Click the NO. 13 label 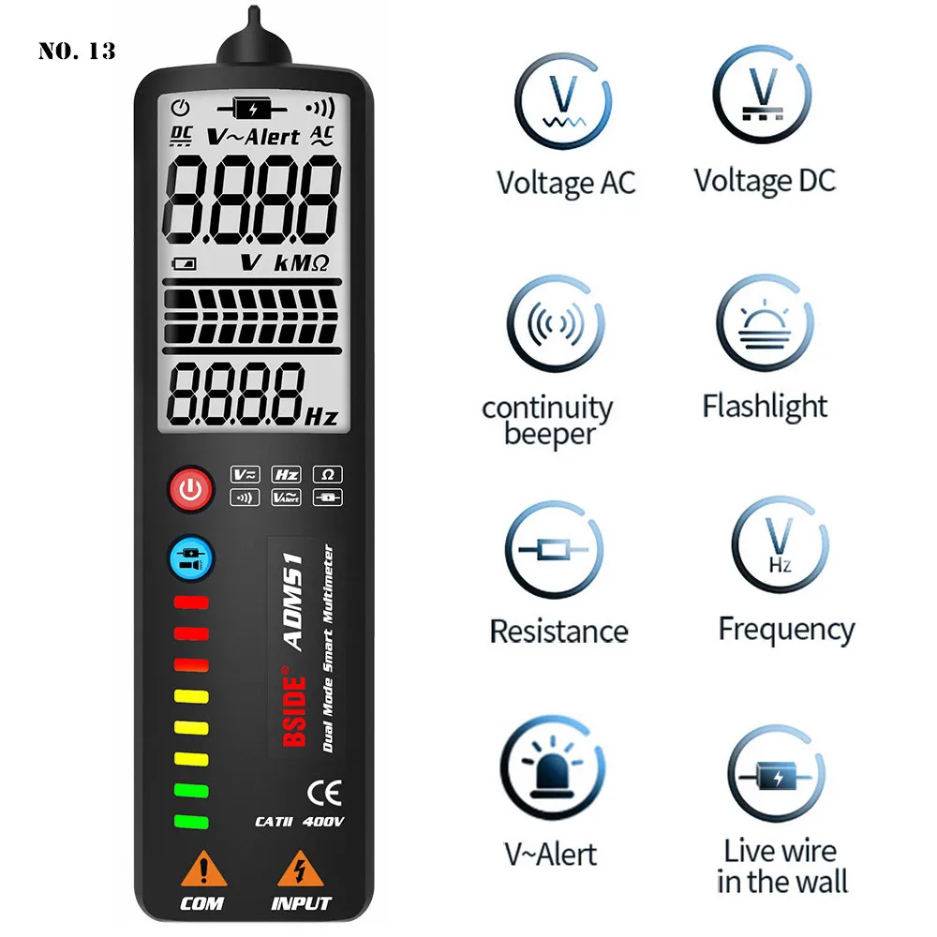pos(77,51)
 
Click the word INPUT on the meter pos(301,903)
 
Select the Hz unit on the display pos(320,415)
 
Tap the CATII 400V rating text pos(299,822)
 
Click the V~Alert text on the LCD pos(253,137)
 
